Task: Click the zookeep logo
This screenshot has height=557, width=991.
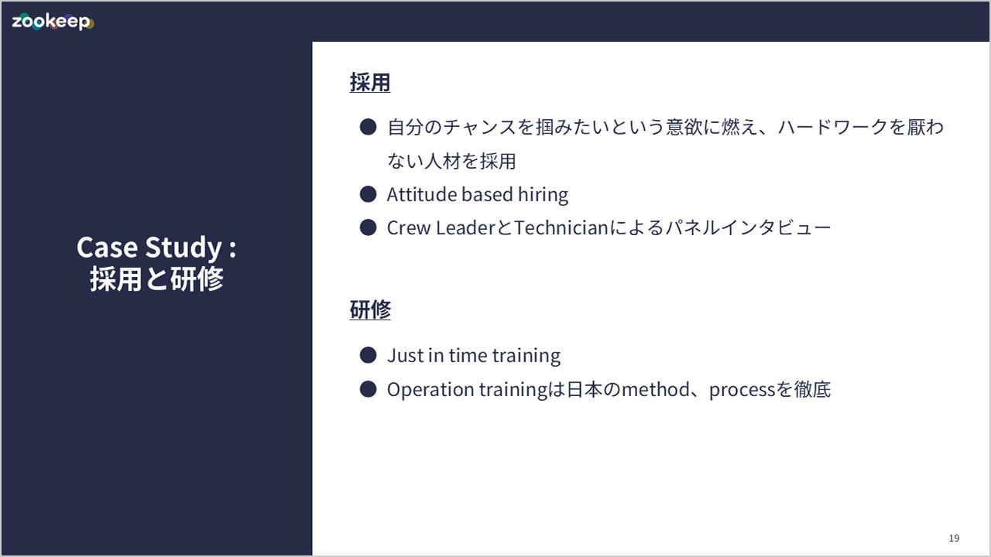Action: pyautogui.click(x=53, y=22)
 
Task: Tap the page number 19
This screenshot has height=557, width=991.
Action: pyautogui.click(x=954, y=538)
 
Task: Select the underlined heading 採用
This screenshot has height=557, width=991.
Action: pyautogui.click(x=370, y=83)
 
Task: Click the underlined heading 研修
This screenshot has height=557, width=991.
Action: pyautogui.click(x=370, y=309)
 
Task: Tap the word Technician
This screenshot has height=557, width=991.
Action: pyautogui.click(x=561, y=228)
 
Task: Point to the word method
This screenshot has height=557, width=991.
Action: pyautogui.click(x=656, y=389)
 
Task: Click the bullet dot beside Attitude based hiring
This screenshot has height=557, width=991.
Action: pyautogui.click(x=368, y=194)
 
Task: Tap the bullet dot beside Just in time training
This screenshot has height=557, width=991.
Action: pyautogui.click(x=368, y=355)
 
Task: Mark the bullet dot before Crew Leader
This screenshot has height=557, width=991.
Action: pyautogui.click(x=368, y=227)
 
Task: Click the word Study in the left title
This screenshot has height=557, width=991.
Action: pyautogui.click(x=183, y=248)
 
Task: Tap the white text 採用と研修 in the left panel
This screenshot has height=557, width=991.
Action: pyautogui.click(x=156, y=279)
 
